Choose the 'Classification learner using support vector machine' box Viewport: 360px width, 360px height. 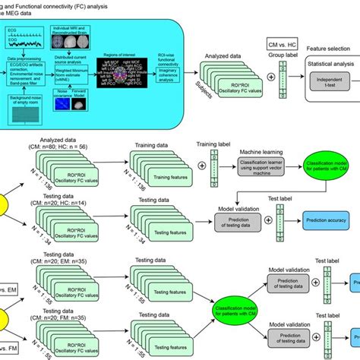click(246, 166)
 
